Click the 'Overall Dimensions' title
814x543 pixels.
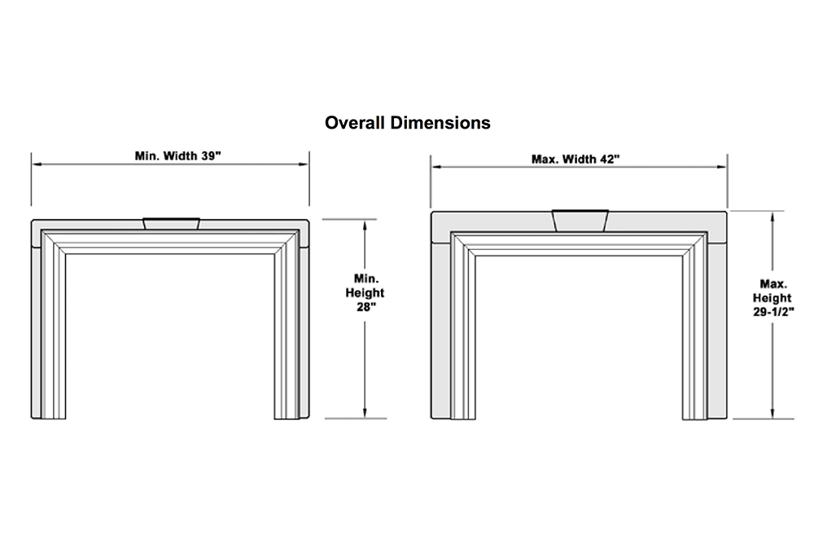click(x=407, y=123)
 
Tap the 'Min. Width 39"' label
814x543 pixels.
click(x=177, y=155)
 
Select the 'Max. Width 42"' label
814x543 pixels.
click(x=575, y=159)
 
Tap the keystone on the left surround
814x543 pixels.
click(x=171, y=222)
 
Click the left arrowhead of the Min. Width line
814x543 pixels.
click(x=36, y=164)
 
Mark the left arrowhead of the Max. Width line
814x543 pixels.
click(x=435, y=168)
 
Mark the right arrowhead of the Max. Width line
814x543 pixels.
click(x=724, y=168)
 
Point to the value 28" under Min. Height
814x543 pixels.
click(x=365, y=308)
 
